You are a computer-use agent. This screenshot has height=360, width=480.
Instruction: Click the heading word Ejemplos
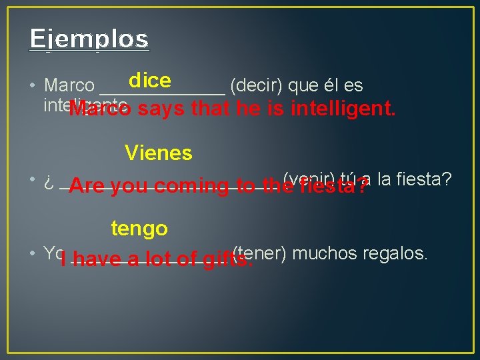point(89,39)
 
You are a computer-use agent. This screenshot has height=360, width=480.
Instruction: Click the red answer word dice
point(150,81)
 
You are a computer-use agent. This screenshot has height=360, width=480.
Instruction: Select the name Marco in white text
point(69,86)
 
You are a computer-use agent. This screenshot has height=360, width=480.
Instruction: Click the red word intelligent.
point(343,108)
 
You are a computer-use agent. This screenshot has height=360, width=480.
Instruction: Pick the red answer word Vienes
point(159,153)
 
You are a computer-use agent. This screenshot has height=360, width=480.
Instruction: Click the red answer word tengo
point(139,229)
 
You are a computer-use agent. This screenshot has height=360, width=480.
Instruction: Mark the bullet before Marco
point(33,86)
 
